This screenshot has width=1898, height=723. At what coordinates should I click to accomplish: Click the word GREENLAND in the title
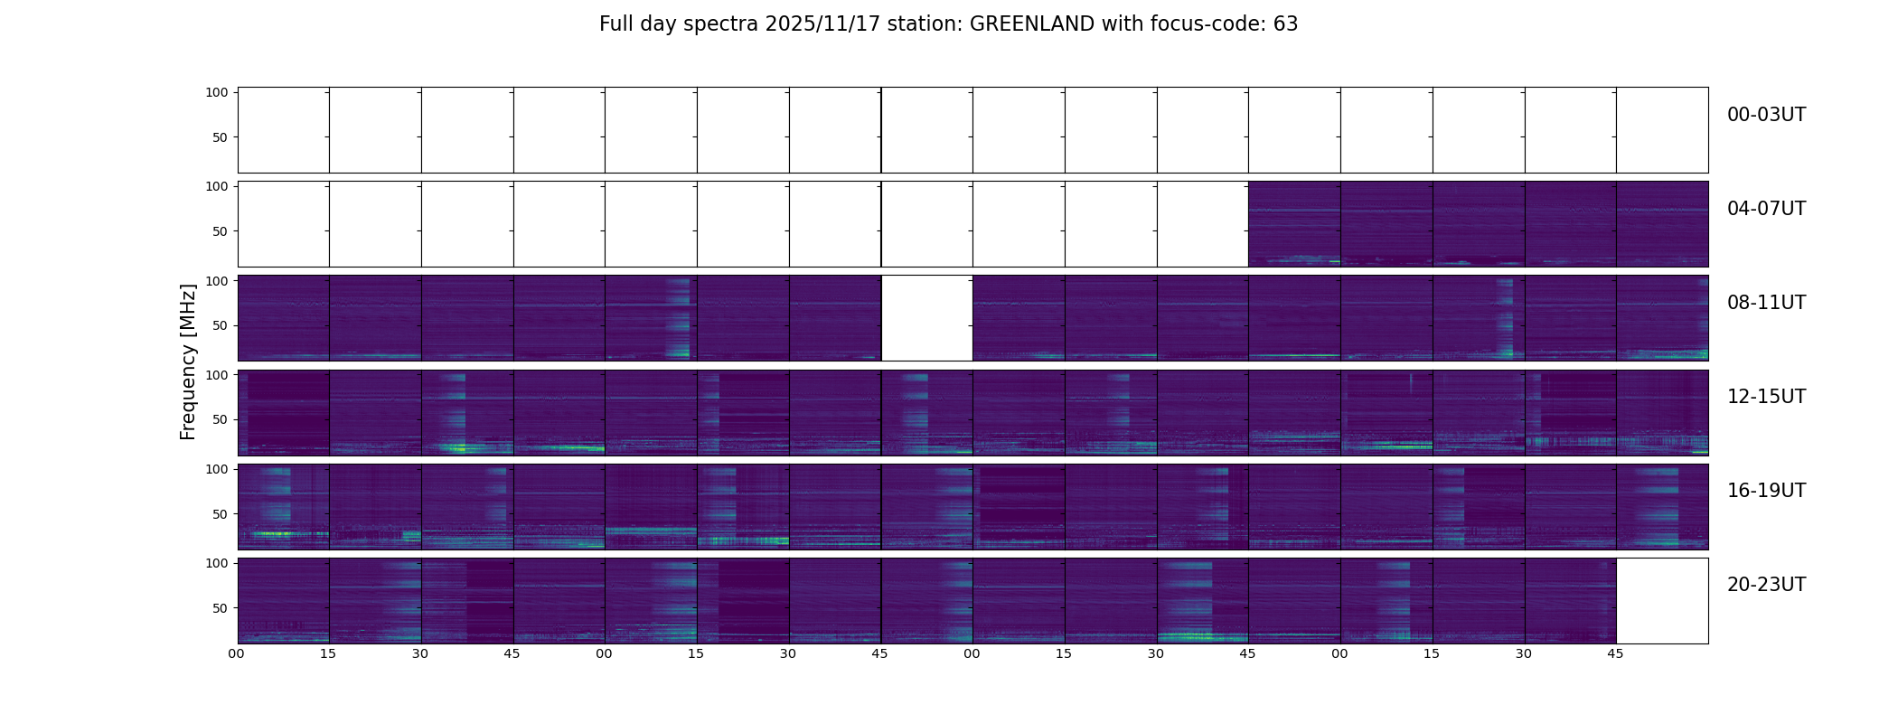(1032, 24)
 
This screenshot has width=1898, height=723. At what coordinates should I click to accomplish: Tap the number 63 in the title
(1286, 24)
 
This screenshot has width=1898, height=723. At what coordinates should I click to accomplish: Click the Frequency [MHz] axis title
(188, 362)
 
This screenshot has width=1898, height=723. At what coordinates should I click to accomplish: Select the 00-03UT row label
(1766, 115)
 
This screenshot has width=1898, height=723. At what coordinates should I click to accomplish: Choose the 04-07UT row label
(1766, 209)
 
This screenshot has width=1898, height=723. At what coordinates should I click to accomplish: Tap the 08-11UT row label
(1766, 303)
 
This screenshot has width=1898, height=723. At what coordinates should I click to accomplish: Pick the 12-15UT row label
(1766, 397)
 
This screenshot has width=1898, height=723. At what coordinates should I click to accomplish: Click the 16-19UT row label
(1766, 491)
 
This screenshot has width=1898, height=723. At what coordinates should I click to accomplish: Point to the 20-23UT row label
(1766, 585)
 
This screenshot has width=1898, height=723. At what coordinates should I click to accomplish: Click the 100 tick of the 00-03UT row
(217, 92)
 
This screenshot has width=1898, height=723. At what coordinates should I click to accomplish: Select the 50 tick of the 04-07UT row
(221, 231)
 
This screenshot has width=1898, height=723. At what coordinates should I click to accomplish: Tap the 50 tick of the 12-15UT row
(221, 419)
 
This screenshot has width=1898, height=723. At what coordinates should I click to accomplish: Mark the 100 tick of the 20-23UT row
(217, 563)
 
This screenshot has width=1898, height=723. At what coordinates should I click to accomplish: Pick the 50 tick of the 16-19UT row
(221, 514)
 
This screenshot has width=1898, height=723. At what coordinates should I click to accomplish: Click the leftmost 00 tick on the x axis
(237, 654)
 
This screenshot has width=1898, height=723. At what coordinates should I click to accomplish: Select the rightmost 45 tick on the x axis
(1616, 654)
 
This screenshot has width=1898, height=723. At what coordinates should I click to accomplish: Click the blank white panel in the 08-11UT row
(926, 318)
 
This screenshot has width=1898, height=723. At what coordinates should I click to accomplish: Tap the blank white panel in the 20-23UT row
(1662, 601)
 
